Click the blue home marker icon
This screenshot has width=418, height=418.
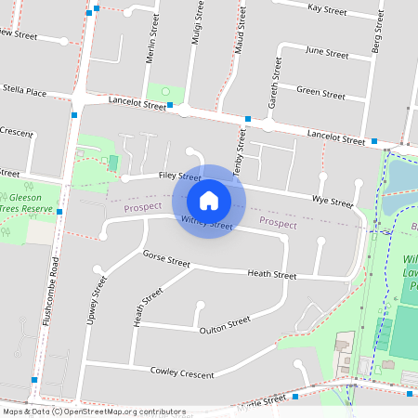click(x=209, y=200)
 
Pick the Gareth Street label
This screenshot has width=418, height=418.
click(x=274, y=83)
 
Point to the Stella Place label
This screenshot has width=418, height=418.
click(x=23, y=92)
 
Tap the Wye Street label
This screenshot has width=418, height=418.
click(x=333, y=201)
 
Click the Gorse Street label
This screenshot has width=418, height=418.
click(x=166, y=258)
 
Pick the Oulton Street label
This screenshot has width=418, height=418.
click(x=225, y=324)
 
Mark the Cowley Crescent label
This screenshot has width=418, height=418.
click(x=182, y=372)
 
